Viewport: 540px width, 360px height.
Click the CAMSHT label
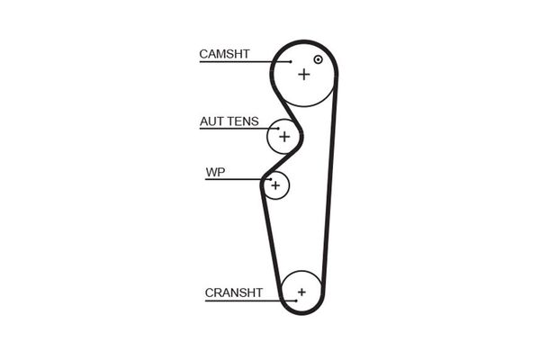click(225, 54)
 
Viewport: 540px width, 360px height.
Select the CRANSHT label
click(233, 292)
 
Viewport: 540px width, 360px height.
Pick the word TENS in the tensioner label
click(243, 121)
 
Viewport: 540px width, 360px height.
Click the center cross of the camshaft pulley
click(303, 74)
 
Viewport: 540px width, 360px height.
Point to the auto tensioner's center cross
click(284, 137)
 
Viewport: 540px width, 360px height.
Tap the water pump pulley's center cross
click(276, 185)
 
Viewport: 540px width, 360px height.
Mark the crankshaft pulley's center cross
click(301, 292)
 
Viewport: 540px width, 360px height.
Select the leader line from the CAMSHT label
click(243, 62)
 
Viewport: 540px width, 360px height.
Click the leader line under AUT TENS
click(234, 130)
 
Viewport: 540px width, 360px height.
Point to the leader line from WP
click(234, 179)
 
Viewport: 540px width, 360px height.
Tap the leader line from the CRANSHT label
click(243, 301)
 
